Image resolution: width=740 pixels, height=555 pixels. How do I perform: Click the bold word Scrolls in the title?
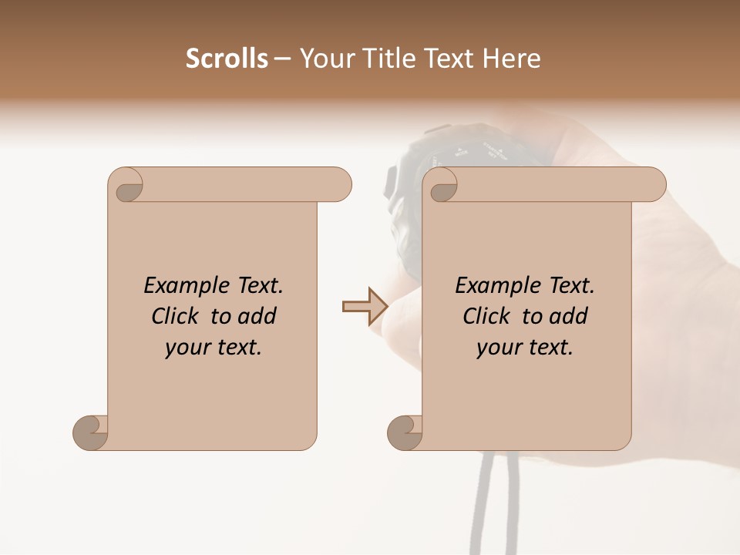227,59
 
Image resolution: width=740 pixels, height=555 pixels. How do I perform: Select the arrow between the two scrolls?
365,307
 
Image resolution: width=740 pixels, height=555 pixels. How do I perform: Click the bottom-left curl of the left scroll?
91,432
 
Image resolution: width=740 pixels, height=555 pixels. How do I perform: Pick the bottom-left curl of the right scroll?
405,432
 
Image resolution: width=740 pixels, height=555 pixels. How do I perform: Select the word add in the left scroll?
257,316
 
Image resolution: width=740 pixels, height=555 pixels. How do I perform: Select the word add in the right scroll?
569,316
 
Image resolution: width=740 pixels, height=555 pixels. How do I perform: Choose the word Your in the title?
325,59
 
